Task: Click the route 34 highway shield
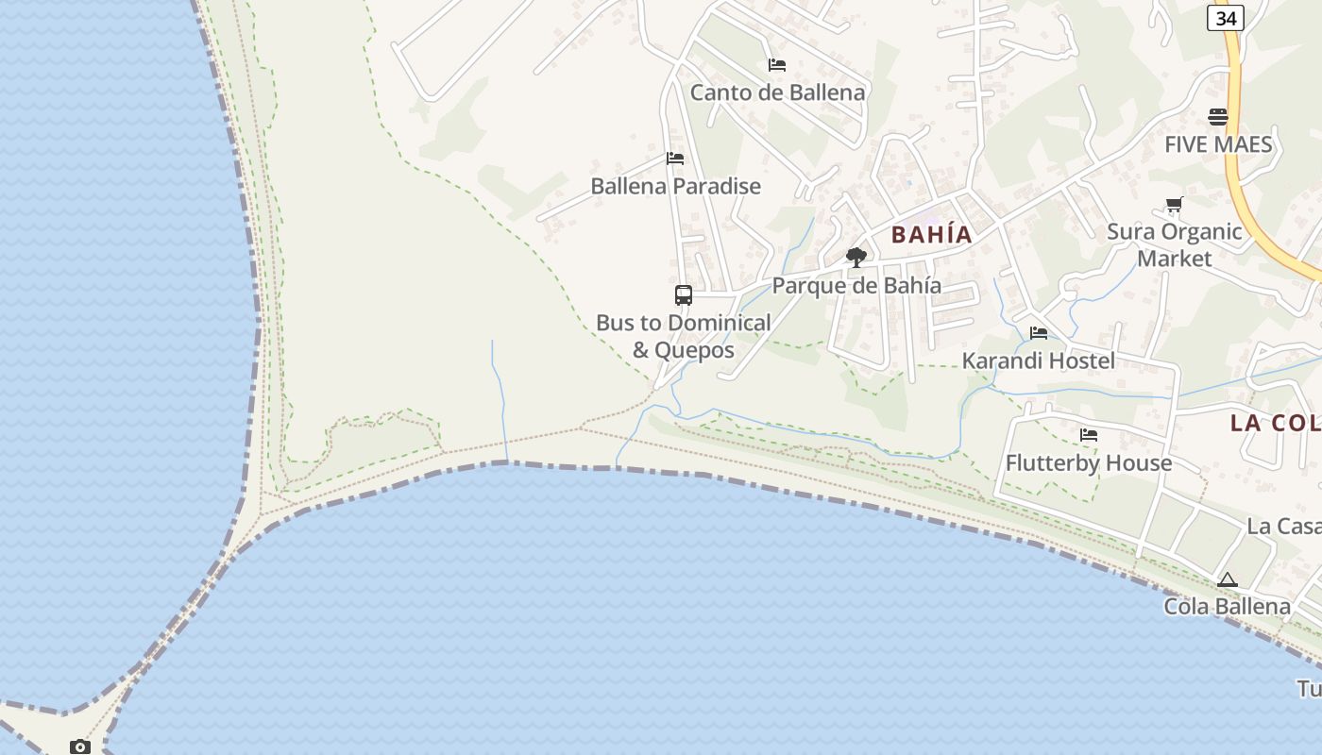point(1225,18)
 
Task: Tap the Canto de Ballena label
point(777,92)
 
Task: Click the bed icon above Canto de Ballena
point(777,64)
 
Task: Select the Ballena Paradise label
point(675,186)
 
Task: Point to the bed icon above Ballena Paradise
point(675,158)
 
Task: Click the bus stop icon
point(684,294)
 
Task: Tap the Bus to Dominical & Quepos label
point(684,336)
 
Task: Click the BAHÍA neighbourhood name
point(931,234)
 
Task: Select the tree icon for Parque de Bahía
point(856,257)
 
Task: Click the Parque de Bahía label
point(856,285)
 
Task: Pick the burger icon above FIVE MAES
point(1218,117)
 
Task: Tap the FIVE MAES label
point(1218,144)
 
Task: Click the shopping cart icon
point(1175,204)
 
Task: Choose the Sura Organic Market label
point(1175,244)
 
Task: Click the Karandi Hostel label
point(1039,361)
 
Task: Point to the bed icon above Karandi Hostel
point(1039,332)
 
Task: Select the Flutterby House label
point(1089,462)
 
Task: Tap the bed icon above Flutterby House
point(1089,435)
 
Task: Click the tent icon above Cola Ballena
point(1227,579)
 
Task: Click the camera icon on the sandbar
point(80,747)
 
